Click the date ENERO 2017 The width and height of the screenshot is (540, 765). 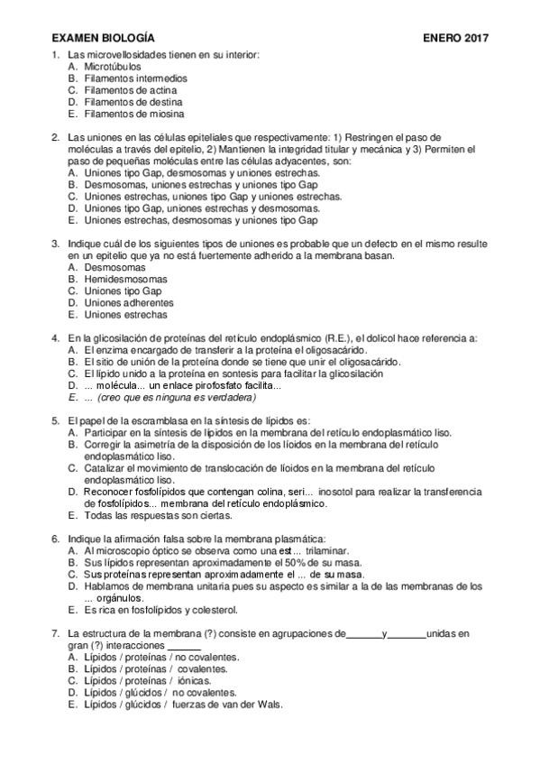pos(455,39)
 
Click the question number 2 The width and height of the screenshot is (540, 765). pos(56,137)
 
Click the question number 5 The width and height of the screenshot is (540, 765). pos(56,420)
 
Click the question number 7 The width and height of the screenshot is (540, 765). pos(56,632)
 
